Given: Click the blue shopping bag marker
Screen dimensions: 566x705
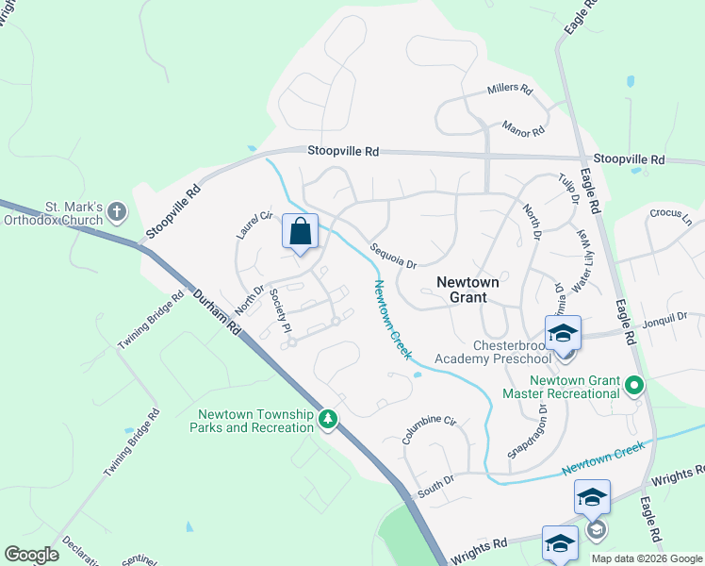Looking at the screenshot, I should tap(300, 232).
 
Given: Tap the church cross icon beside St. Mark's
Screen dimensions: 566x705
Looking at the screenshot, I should tap(117, 211).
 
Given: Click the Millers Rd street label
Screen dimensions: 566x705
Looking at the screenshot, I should tap(510, 92).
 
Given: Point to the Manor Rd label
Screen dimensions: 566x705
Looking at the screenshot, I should tap(523, 126).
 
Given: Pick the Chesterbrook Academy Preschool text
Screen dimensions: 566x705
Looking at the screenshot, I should tap(493, 352).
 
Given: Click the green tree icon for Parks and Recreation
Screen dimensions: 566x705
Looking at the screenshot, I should tap(328, 419).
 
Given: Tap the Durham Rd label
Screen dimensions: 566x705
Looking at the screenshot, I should tap(218, 314).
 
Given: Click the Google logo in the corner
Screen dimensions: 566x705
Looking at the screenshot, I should tap(31, 555).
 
